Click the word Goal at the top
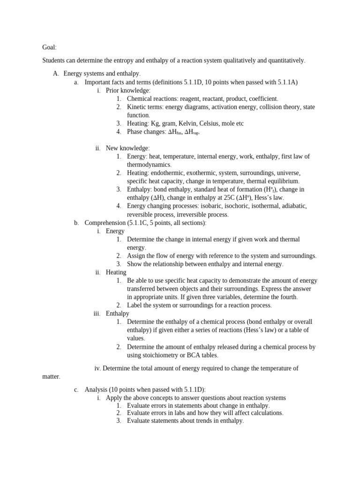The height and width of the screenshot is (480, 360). pyautogui.click(x=49, y=47)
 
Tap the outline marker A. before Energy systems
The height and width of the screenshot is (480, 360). pyautogui.click(x=56, y=74)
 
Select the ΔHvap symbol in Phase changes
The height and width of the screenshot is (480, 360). pyautogui.click(x=192, y=132)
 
